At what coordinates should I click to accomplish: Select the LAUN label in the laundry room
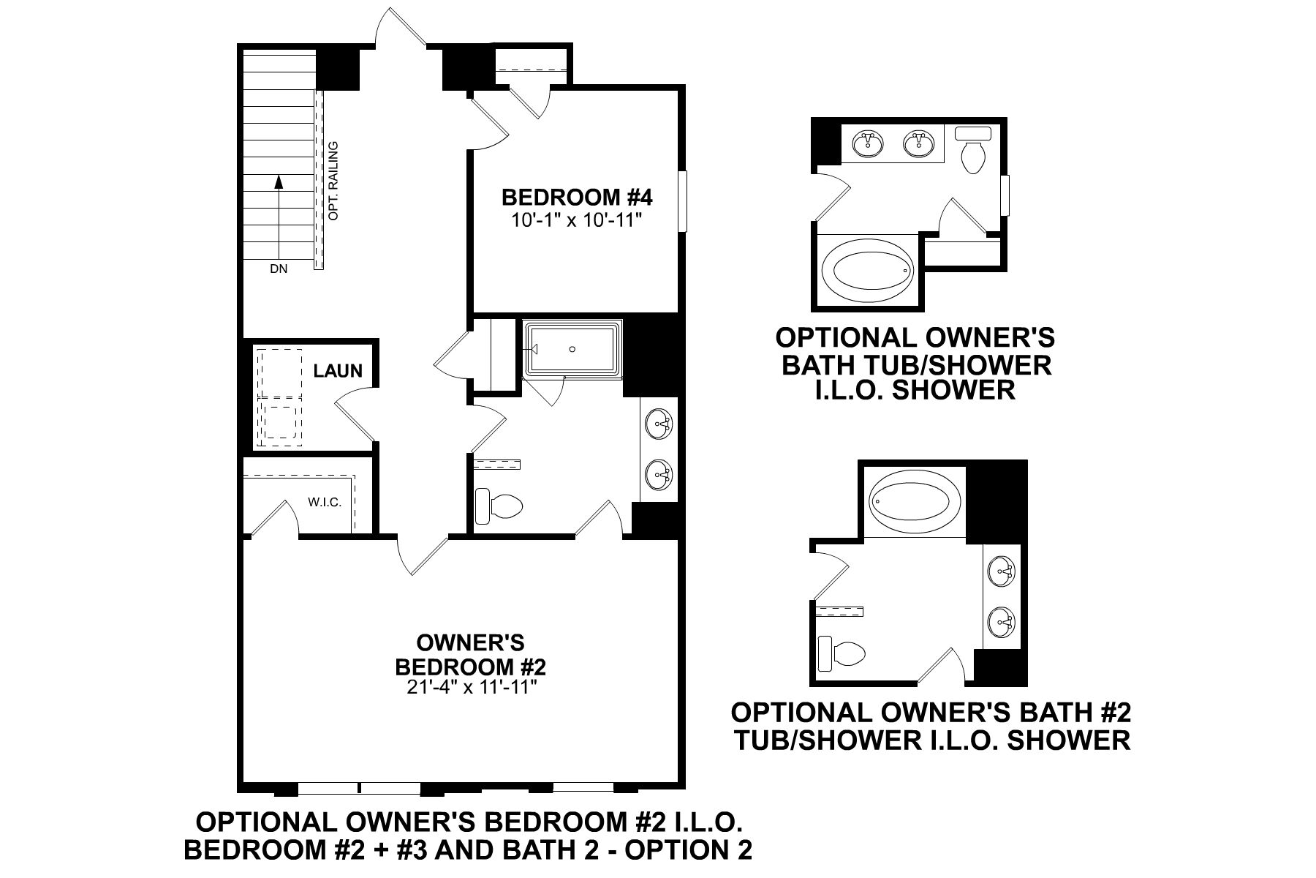coord(338,371)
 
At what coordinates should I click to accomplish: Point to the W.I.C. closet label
coord(324,503)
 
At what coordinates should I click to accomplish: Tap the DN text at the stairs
coord(279,269)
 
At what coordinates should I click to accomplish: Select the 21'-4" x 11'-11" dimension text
coord(469,688)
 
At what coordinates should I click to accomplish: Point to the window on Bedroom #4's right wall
coord(683,202)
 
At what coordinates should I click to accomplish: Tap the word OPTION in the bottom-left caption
coord(687,850)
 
